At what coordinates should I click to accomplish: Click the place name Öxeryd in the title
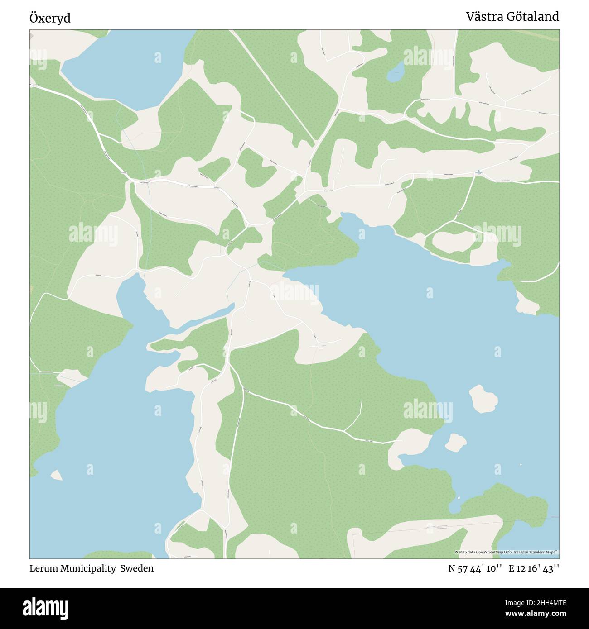(50, 18)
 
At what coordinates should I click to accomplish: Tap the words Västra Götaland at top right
(512, 17)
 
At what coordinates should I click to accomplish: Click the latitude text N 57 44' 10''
(475, 568)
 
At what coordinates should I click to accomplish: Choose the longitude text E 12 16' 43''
(533, 568)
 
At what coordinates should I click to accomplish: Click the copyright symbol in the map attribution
(456, 552)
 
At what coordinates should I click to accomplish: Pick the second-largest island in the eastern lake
(455, 442)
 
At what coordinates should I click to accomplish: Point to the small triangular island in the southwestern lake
(57, 475)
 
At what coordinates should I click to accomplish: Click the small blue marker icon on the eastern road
(479, 172)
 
